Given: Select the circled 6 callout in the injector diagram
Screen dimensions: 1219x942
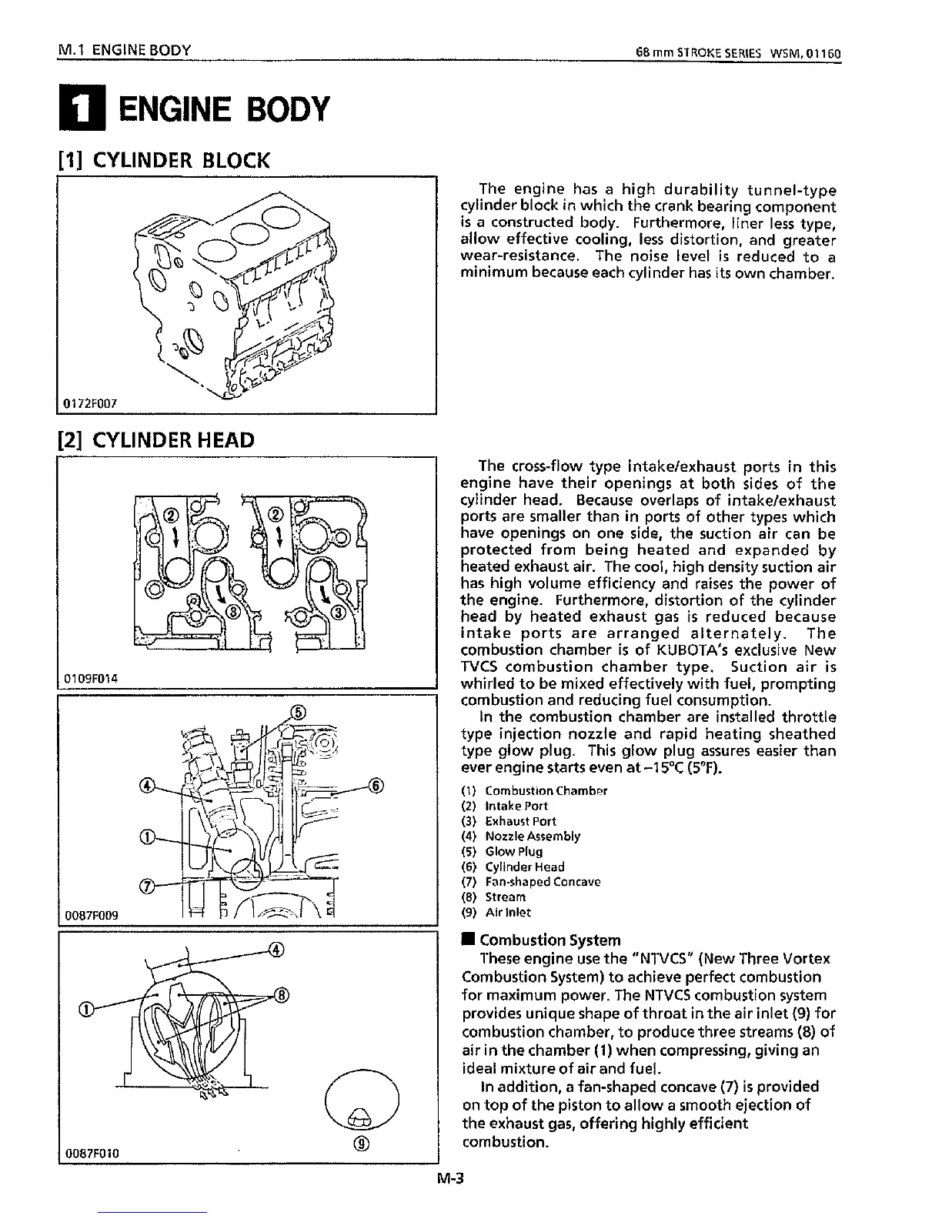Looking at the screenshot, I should pos(376,786).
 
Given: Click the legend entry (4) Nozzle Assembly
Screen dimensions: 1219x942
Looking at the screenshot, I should pos(521,836).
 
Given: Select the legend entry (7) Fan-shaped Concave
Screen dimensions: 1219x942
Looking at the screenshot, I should pos(531,882).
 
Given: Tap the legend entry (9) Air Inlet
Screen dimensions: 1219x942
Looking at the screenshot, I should pos(496,913).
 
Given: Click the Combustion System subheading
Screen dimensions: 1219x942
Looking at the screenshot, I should pos(549,940).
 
